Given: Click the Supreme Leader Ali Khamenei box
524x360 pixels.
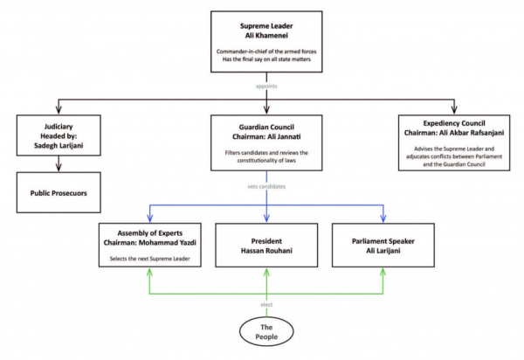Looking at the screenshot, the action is click(266, 41).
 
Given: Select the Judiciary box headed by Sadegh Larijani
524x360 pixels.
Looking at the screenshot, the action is click(59, 135).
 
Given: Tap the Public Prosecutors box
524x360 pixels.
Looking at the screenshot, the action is click(59, 192).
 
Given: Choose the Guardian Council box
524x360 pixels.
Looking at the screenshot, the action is click(266, 142).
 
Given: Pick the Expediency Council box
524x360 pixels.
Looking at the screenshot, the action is click(454, 142).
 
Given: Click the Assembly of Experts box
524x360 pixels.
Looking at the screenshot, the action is click(150, 245).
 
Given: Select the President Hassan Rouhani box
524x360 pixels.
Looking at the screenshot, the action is click(266, 246).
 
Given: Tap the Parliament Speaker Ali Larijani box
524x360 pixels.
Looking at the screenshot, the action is click(383, 246).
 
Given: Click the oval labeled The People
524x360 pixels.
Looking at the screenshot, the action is click(266, 331).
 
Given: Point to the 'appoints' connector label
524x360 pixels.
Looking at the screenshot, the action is click(266, 87).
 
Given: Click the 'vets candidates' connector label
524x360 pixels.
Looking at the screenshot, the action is click(266, 186).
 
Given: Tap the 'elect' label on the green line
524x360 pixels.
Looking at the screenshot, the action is click(266, 304).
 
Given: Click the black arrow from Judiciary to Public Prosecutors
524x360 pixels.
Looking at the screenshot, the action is click(59, 163).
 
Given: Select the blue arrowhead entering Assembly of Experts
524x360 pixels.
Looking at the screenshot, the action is click(150, 218).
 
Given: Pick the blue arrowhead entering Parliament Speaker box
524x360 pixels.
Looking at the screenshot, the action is click(383, 218).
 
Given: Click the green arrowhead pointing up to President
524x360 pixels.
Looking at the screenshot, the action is click(266, 272).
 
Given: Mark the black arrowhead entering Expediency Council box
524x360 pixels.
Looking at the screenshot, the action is click(454, 110).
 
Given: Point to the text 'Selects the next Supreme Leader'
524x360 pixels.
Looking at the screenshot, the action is click(149, 259).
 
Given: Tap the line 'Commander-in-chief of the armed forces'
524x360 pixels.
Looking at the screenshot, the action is click(266, 52).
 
